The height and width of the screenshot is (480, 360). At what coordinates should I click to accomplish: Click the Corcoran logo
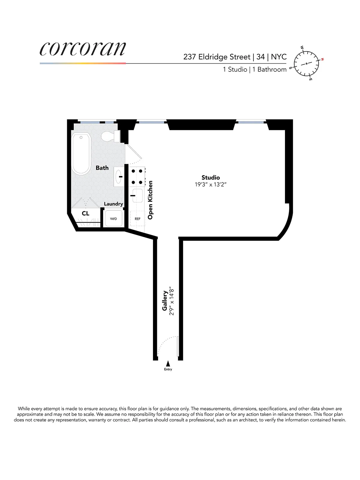[x=82, y=49]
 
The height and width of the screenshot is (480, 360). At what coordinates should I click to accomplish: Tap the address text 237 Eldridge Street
[x=217, y=57]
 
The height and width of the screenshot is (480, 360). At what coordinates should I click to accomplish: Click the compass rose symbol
[x=306, y=64]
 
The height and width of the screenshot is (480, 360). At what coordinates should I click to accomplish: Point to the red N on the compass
[x=322, y=59]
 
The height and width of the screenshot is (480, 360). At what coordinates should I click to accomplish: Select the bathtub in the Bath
[x=81, y=153]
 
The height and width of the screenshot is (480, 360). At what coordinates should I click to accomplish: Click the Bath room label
[x=102, y=168]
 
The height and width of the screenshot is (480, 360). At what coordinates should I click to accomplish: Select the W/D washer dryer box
[x=113, y=219]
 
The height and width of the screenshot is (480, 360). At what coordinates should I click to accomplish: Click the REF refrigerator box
[x=137, y=219]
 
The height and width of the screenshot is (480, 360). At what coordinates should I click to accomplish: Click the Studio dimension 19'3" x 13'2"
[x=211, y=185]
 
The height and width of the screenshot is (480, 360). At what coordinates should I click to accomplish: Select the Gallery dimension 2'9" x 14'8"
[x=172, y=301]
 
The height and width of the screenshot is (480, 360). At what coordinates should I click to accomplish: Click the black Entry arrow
[x=168, y=363]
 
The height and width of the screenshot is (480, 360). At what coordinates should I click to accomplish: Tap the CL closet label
[x=85, y=213]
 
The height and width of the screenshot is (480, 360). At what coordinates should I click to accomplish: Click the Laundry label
[x=113, y=204]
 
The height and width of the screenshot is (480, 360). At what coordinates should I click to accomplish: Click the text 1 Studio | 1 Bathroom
[x=255, y=70]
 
